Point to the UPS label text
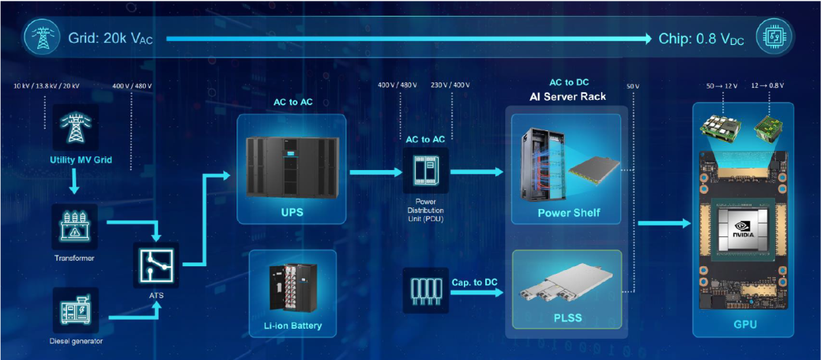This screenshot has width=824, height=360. (292, 211)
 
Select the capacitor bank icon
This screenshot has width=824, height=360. (425, 291)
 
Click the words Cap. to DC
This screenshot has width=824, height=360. (475, 282)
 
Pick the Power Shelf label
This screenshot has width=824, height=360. (568, 213)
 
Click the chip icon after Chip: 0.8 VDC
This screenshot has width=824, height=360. (774, 37)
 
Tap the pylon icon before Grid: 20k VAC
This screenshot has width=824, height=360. (42, 37)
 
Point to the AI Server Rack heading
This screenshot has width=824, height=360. (568, 96)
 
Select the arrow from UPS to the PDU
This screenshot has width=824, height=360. (373, 172)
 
